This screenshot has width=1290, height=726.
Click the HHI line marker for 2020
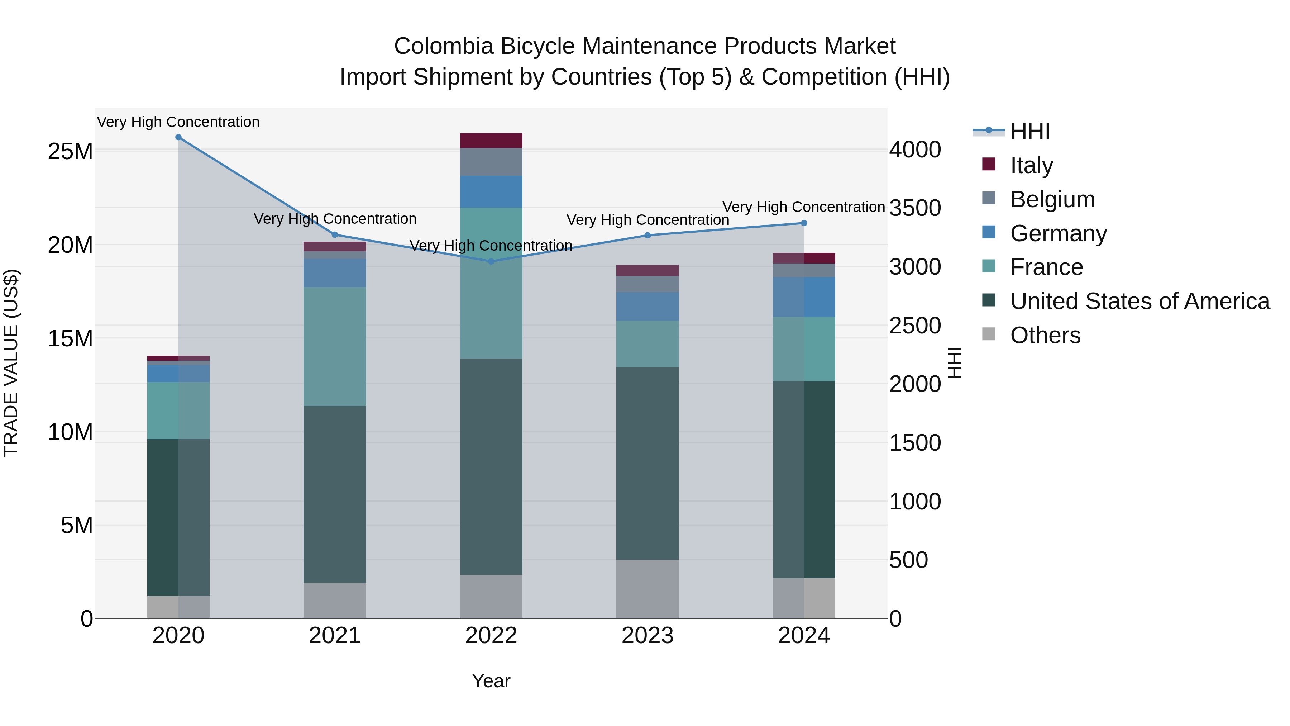click(178, 137)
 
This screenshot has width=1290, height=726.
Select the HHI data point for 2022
click(491, 262)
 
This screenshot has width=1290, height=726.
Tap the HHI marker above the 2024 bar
click(804, 223)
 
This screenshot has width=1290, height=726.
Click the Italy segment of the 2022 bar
click(491, 141)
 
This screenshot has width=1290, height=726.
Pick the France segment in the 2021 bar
click(335, 347)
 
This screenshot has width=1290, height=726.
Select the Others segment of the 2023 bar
click(647, 589)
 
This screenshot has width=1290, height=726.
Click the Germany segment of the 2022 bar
click(491, 192)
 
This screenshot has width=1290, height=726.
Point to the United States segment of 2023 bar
click(647, 464)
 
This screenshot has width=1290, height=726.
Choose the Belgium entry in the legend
click(1052, 199)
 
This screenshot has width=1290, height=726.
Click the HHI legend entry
click(1029, 132)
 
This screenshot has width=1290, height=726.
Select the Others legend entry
click(1045, 336)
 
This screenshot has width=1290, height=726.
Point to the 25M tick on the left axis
click(70, 151)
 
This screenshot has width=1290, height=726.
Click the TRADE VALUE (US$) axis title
click(11, 363)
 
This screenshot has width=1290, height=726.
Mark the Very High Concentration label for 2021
click(335, 219)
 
